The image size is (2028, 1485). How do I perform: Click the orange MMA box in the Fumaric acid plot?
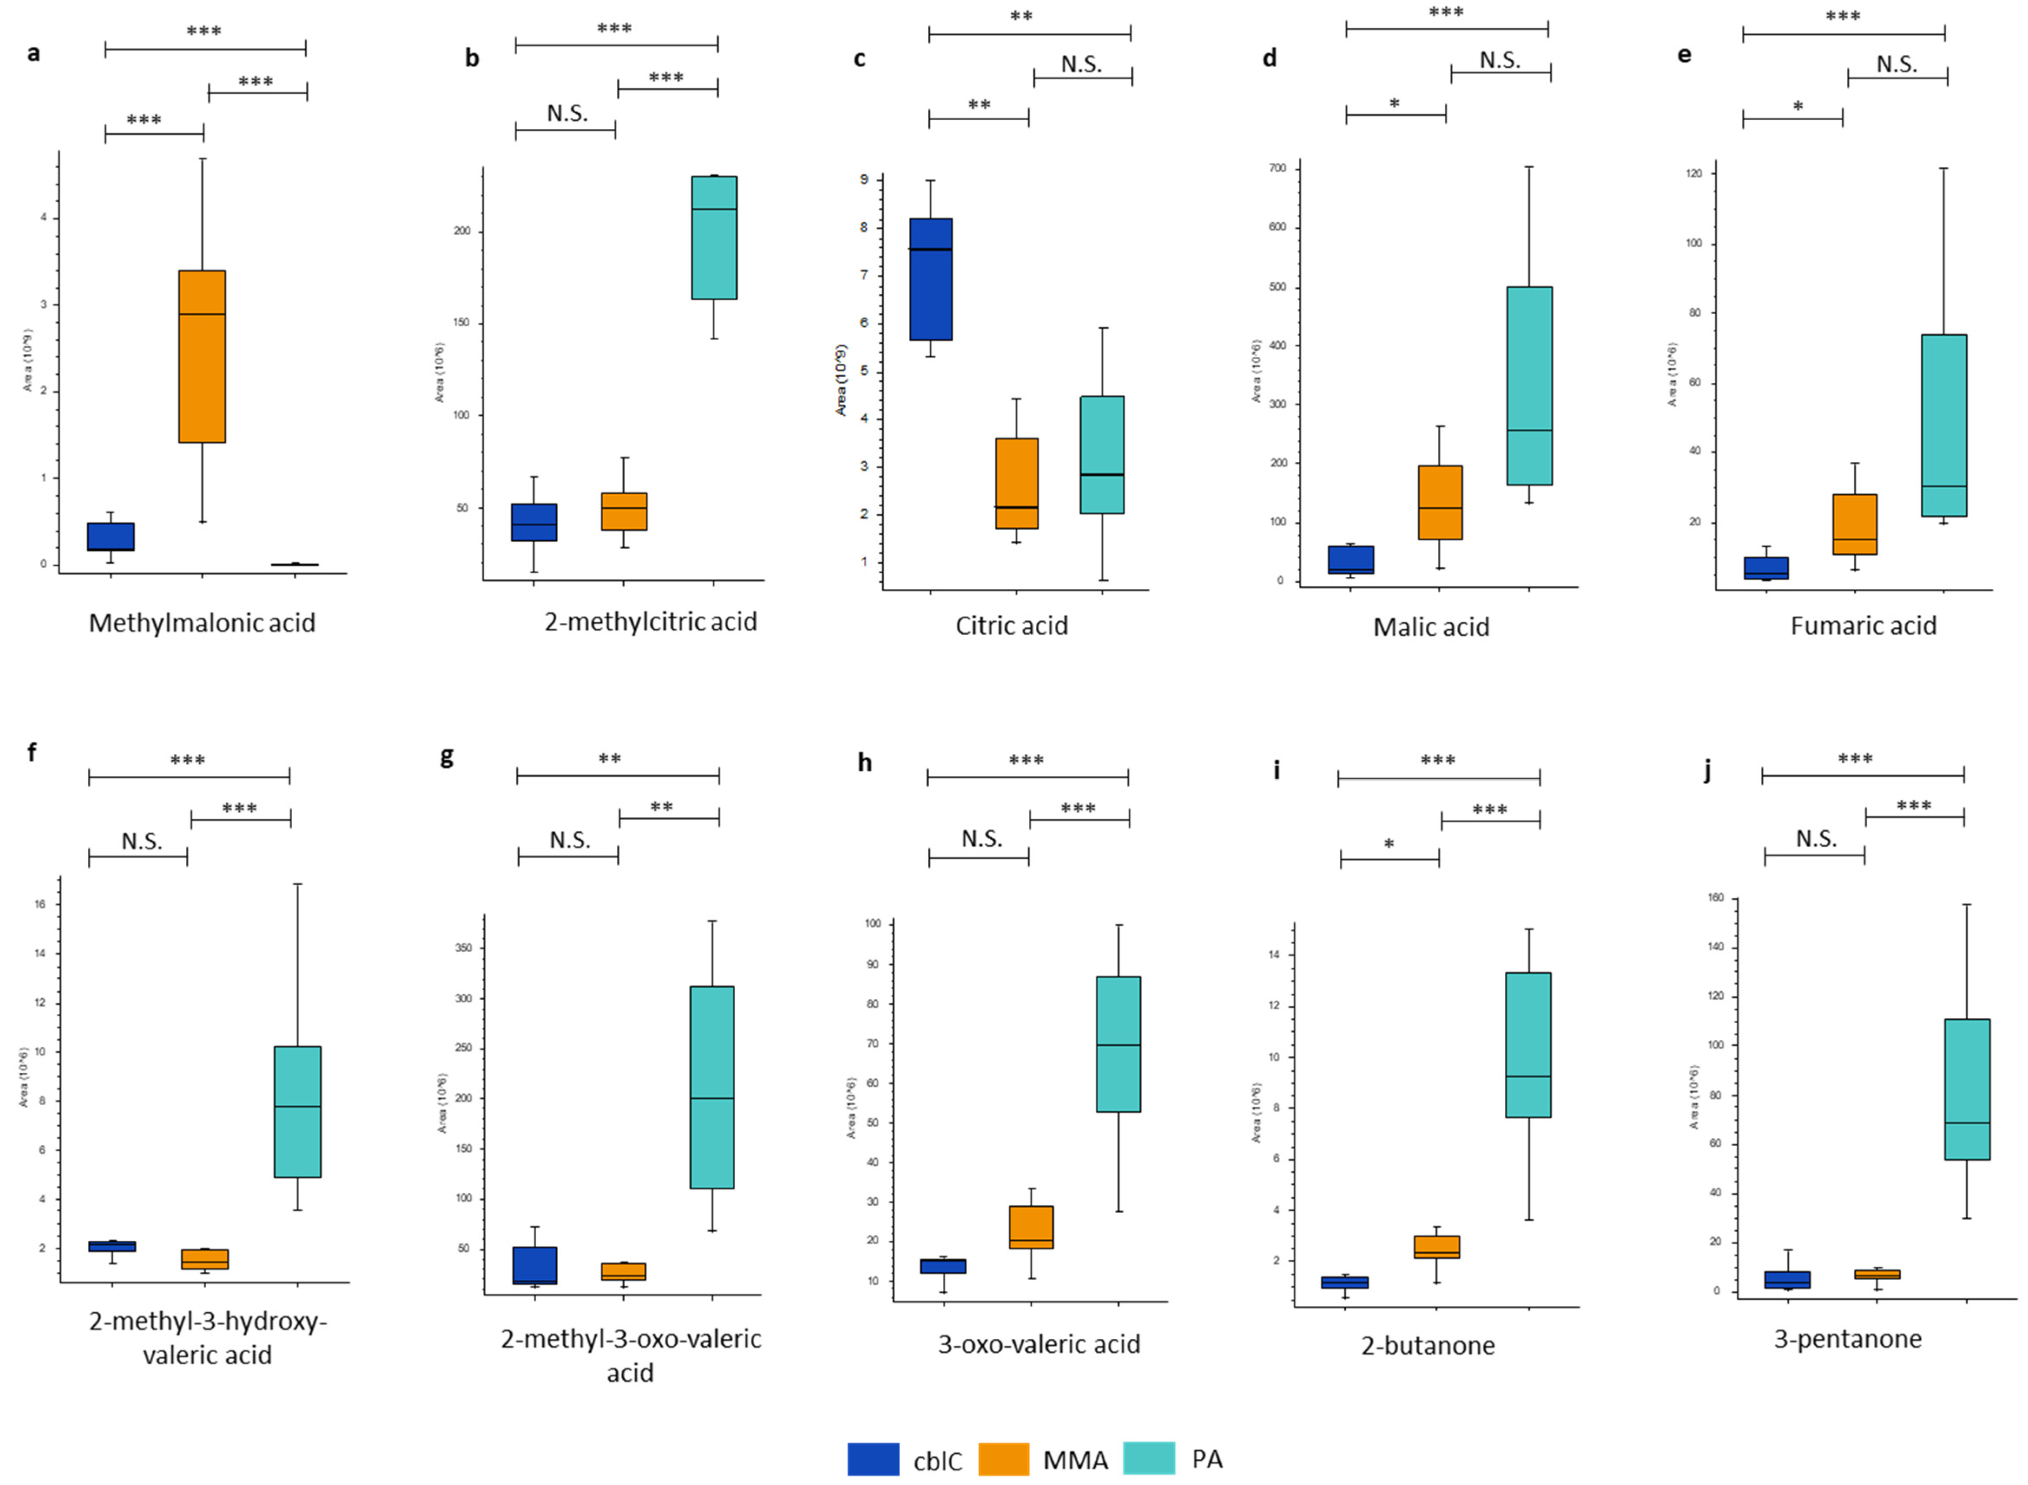[1854, 524]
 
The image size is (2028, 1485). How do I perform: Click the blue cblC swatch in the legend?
[872, 1459]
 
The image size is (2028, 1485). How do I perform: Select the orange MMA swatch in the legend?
[1003, 1459]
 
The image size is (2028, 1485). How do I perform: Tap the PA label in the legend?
[1207, 1459]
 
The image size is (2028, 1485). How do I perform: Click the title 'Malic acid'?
[1431, 627]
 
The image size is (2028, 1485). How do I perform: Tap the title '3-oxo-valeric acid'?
[1039, 1344]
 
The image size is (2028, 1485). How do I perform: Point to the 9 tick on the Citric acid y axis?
[864, 180]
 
